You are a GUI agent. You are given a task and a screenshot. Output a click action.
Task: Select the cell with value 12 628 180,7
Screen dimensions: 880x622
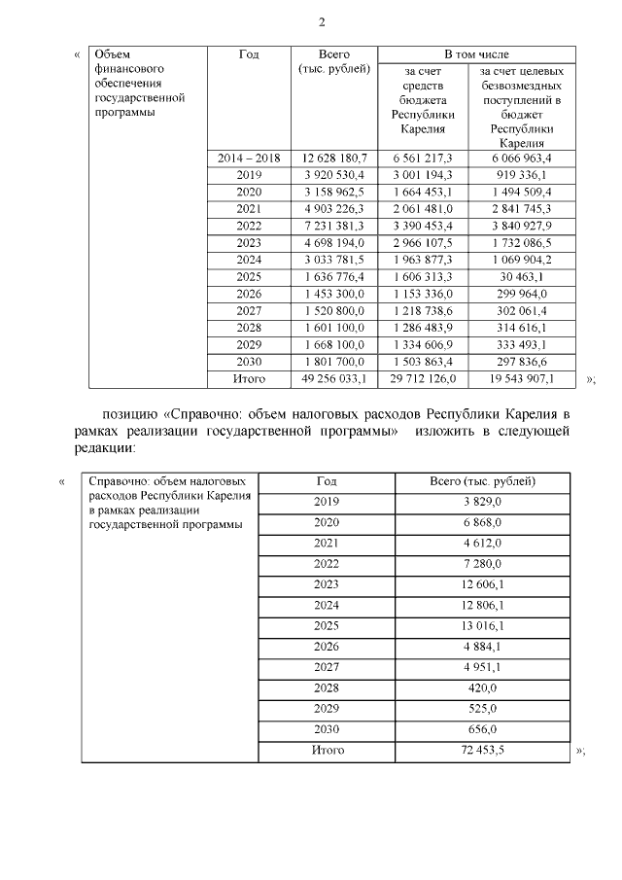[x=334, y=158]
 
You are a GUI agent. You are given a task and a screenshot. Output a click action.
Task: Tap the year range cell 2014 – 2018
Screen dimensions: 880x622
[x=249, y=158]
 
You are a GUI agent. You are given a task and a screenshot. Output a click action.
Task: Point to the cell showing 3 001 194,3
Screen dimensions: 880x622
[x=423, y=175]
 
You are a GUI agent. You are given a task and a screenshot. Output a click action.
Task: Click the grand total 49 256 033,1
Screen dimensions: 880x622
[x=334, y=378]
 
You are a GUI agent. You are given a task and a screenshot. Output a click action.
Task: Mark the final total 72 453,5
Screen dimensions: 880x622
[x=483, y=751]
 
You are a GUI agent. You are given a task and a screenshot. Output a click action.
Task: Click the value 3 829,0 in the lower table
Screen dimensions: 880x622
[x=483, y=501]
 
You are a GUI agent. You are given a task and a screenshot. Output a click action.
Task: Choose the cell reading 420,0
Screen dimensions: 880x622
[x=483, y=687]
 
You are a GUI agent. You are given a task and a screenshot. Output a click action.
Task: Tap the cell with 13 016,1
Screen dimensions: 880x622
[x=483, y=625]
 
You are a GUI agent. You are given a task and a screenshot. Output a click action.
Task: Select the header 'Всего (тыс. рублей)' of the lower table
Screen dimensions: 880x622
[x=483, y=480]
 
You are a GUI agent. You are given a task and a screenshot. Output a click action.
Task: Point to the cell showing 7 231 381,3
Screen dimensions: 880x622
[x=334, y=226]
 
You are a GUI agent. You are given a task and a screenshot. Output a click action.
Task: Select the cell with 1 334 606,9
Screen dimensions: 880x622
[x=423, y=344]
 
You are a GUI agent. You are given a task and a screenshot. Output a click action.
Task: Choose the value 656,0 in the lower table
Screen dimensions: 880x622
[x=483, y=729]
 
